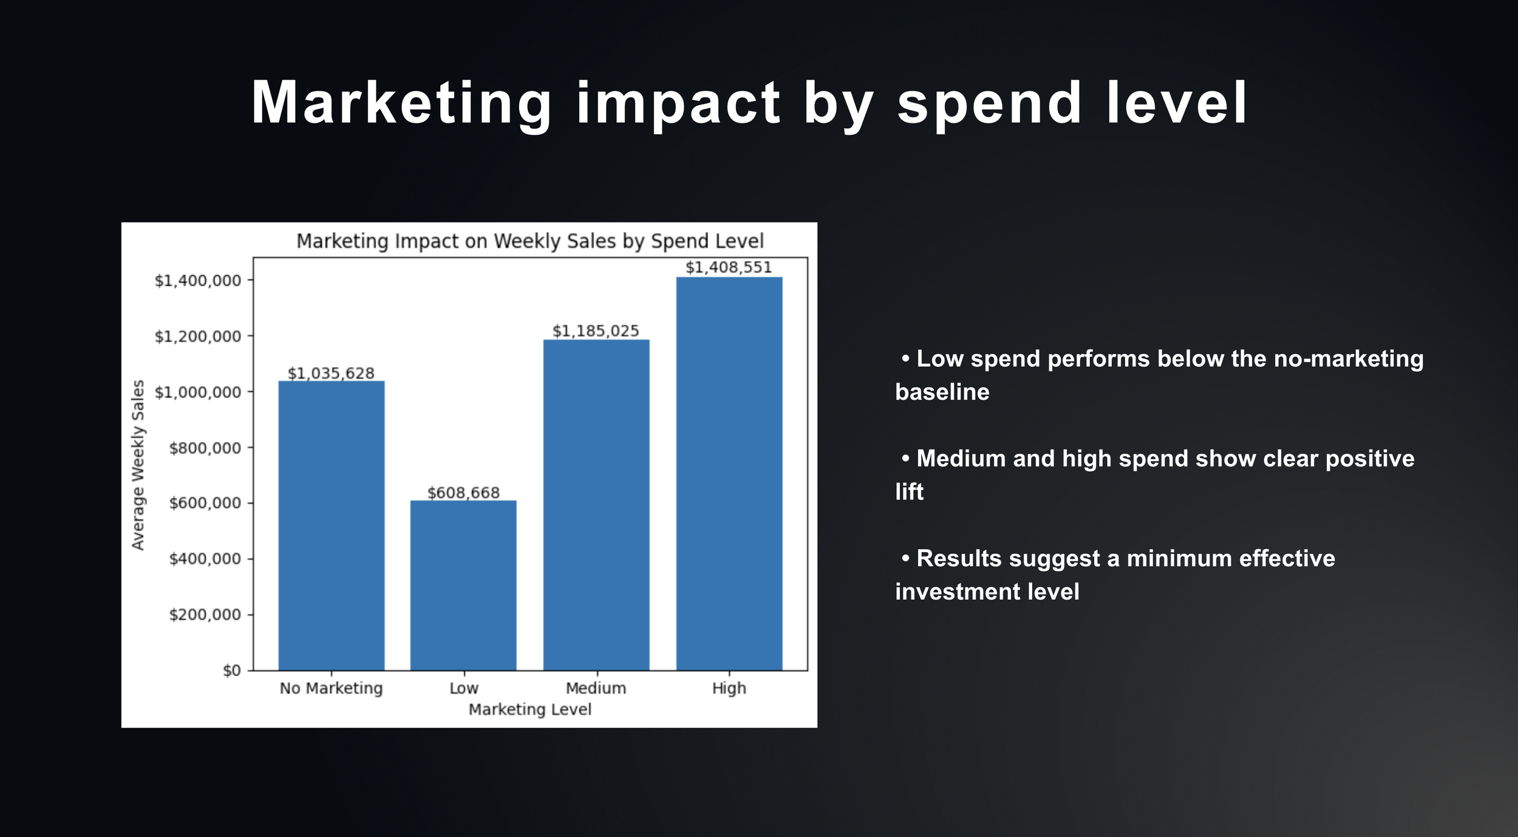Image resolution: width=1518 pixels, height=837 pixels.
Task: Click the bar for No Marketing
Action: pyautogui.click(x=331, y=525)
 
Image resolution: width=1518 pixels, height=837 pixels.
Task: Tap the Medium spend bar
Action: pyautogui.click(x=596, y=505)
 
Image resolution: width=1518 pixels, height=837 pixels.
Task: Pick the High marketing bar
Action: pyautogui.click(x=729, y=474)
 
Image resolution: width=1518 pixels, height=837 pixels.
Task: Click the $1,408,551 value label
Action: pyautogui.click(x=729, y=267)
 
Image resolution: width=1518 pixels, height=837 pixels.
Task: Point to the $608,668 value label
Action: pyautogui.click(x=463, y=493)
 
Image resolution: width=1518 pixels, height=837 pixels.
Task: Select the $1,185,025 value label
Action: pyautogui.click(x=596, y=331)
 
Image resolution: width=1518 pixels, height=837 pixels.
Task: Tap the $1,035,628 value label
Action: pyautogui.click(x=331, y=373)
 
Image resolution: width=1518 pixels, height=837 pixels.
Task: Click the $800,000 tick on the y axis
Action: pyautogui.click(x=205, y=448)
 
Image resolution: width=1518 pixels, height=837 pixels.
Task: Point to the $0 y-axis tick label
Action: pyautogui.click(x=231, y=671)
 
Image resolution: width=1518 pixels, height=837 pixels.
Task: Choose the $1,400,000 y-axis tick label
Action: pyautogui.click(x=197, y=281)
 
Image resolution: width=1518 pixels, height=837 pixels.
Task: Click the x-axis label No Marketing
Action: pyautogui.click(x=331, y=688)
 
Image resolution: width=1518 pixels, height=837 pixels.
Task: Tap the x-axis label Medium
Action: pyautogui.click(x=596, y=688)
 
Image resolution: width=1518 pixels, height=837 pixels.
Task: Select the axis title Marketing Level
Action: pyautogui.click(x=529, y=709)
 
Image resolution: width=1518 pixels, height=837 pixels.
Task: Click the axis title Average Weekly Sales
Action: pyautogui.click(x=138, y=465)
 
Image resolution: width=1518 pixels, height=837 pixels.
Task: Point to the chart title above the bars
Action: pyautogui.click(x=529, y=241)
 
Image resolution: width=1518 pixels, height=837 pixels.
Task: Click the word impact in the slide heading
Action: pyautogui.click(x=678, y=103)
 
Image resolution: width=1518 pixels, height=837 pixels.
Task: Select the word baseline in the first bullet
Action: pyautogui.click(x=942, y=392)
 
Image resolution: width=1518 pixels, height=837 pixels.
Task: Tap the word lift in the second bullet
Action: pyautogui.click(x=909, y=492)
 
